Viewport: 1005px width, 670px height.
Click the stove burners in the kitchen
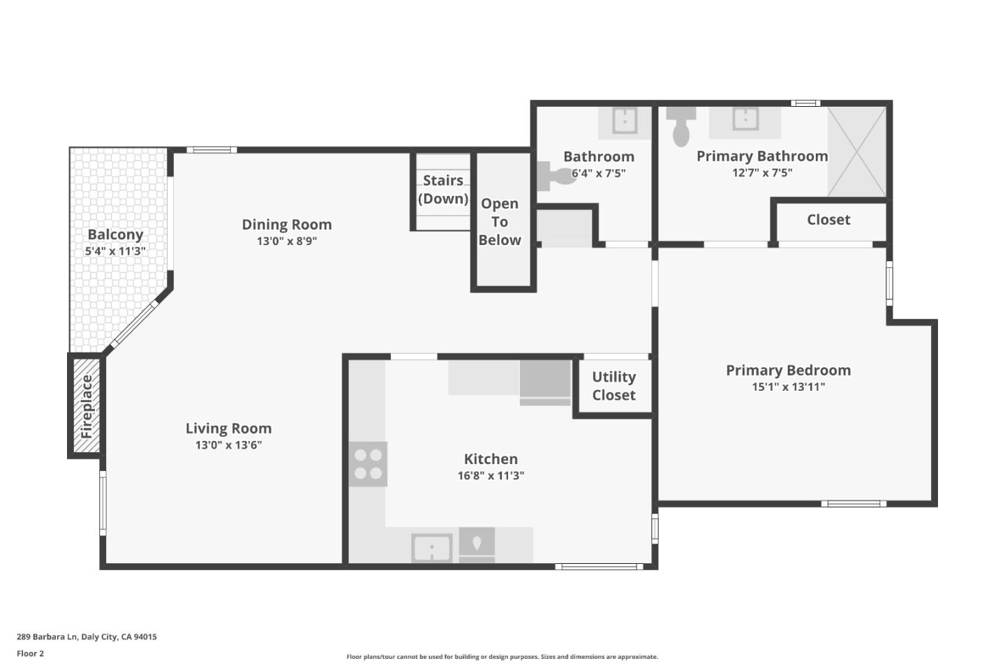368,464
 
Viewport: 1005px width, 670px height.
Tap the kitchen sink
431,548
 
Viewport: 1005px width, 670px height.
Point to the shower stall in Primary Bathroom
856,151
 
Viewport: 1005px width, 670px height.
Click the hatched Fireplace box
87,406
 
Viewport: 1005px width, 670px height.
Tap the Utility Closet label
613,386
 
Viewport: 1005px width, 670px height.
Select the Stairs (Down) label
443,189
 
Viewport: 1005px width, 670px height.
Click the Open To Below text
500,222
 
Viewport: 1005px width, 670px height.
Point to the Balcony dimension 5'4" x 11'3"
115,251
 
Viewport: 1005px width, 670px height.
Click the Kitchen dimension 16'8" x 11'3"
491,476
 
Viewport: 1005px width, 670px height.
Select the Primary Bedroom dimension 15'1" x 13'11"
788,387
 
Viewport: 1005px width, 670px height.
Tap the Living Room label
228,429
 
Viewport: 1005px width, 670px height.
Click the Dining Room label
287,225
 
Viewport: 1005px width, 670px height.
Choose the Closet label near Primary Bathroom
828,220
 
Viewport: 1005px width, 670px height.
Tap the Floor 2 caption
30,654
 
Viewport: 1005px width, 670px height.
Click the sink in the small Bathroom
624,121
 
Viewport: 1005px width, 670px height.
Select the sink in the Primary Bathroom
745,119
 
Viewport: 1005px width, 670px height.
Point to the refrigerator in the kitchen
545,382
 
